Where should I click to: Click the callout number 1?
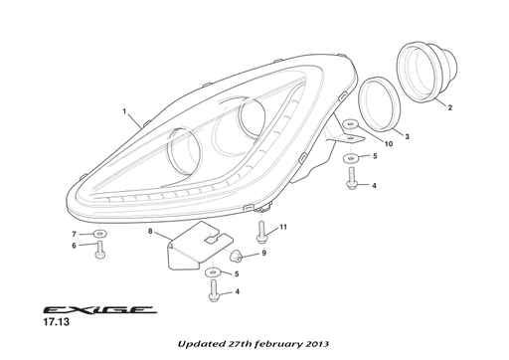(124, 112)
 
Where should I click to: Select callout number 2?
(450, 107)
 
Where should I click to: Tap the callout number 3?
(406, 135)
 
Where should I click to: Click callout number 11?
(283, 228)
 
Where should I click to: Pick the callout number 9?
(263, 254)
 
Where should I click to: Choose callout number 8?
(150, 232)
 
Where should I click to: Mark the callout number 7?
(74, 234)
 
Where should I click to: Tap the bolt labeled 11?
(261, 235)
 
